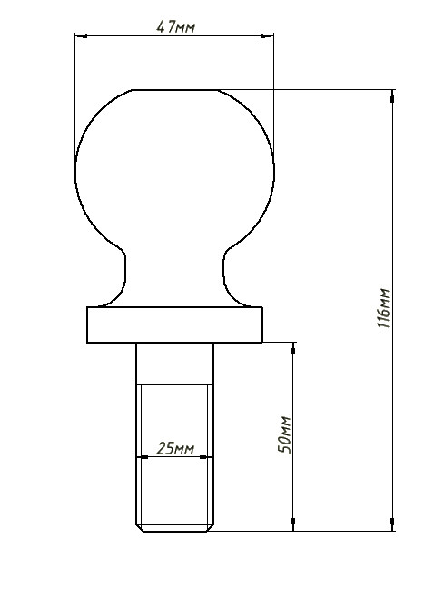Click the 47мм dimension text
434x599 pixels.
click(175, 27)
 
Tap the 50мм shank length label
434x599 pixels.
click(284, 435)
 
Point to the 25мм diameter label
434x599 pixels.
click(175, 449)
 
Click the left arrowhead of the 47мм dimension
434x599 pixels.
click(81, 37)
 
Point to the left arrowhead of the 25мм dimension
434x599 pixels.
click(143, 457)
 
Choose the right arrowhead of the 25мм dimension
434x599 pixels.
click(209, 457)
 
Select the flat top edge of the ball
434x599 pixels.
click(175, 90)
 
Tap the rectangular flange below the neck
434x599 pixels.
click(174, 324)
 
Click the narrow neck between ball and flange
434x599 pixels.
click(174, 277)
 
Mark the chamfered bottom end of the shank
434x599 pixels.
click(175, 526)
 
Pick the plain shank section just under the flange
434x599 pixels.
click(175, 364)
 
